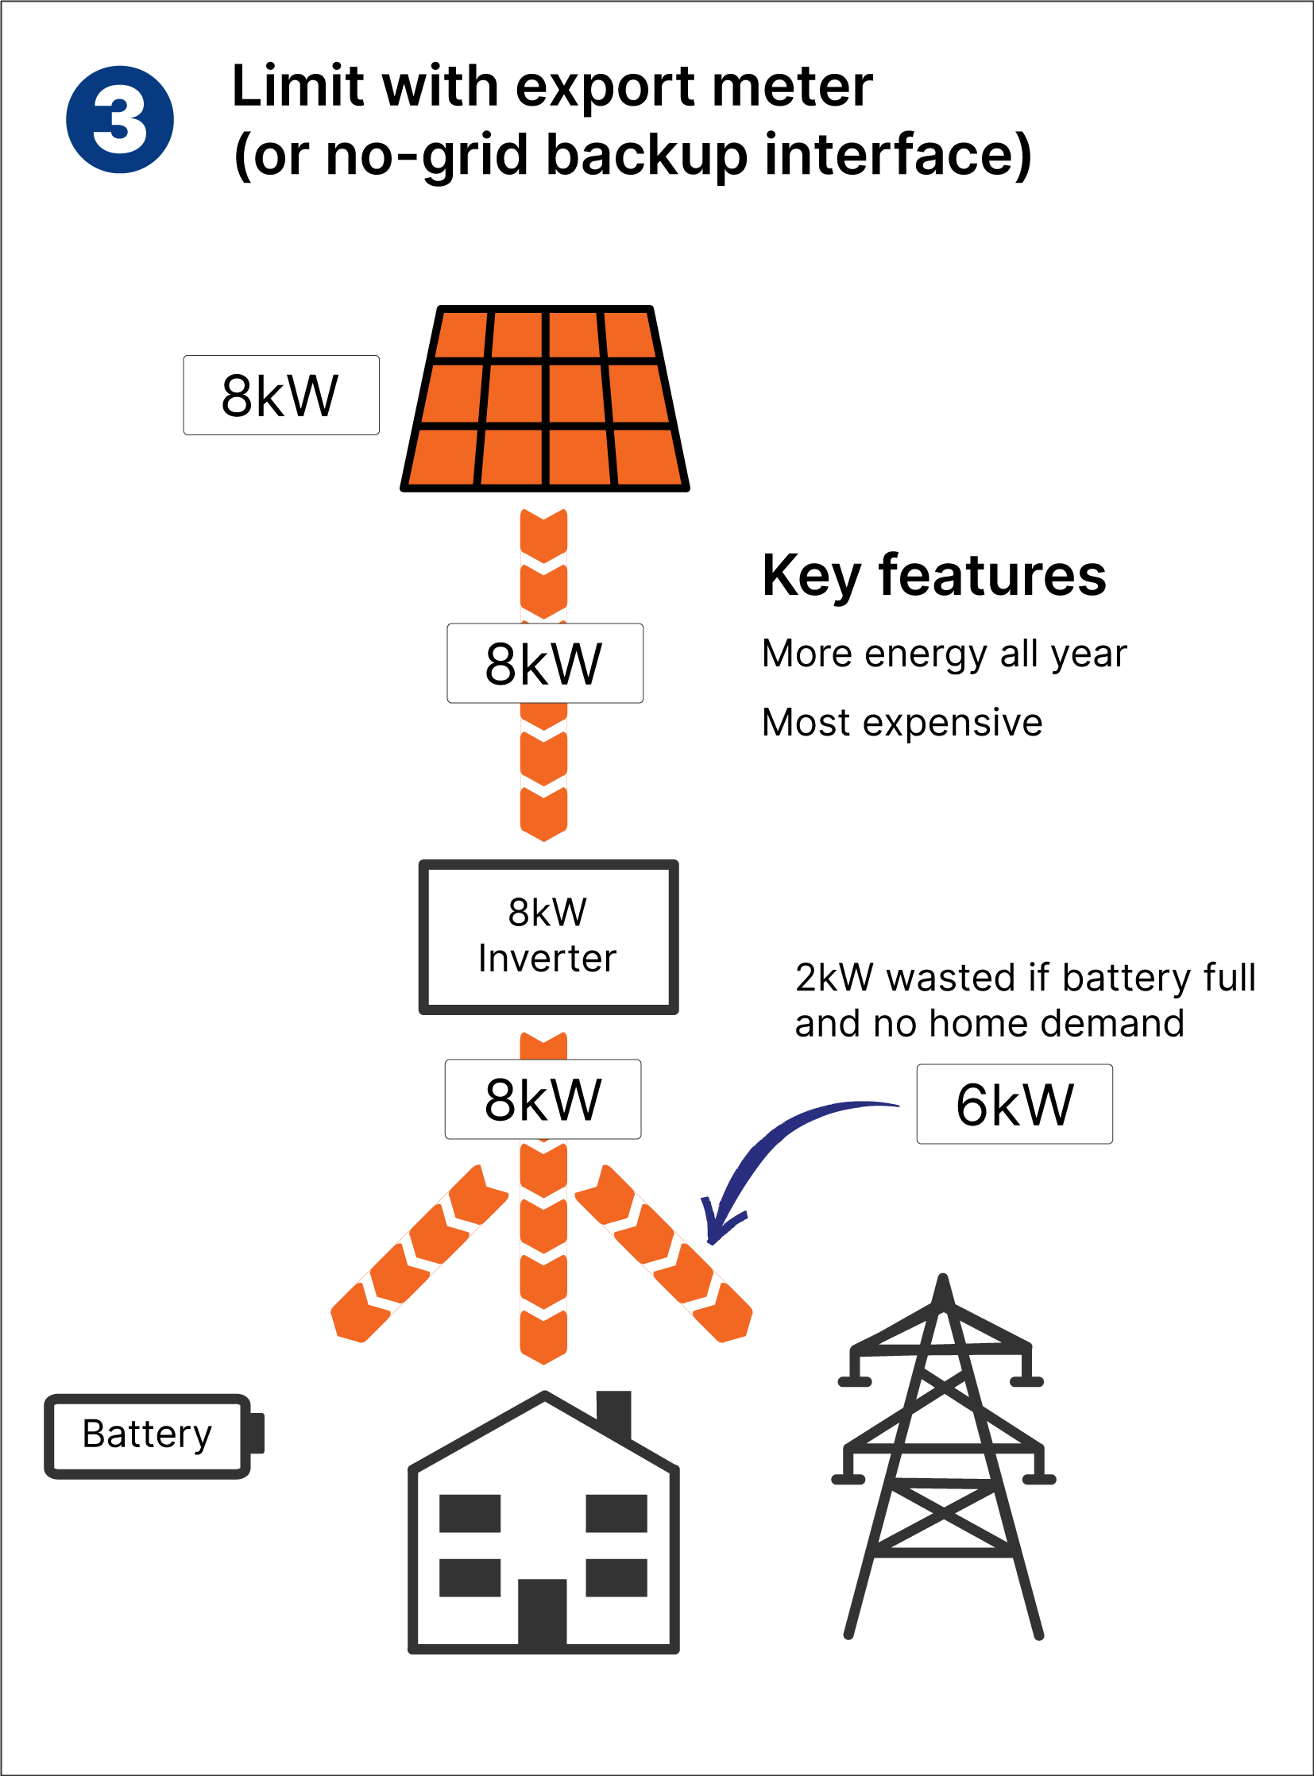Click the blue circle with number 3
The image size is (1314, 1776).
[119, 119]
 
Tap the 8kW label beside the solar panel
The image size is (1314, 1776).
[280, 396]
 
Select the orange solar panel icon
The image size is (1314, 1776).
[545, 399]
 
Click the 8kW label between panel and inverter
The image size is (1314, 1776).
[545, 663]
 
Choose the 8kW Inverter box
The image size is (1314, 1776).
[548, 936]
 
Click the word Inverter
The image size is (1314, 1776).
[547, 959]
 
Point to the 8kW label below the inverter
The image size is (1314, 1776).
[543, 1099]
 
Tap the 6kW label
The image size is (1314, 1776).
[1014, 1104]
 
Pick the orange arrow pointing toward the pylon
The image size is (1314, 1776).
[664, 1255]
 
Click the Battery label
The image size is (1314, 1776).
[147, 1435]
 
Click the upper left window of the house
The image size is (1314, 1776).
[470, 1513]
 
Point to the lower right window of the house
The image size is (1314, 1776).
[616, 1578]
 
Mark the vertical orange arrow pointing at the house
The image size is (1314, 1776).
[543, 1257]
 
